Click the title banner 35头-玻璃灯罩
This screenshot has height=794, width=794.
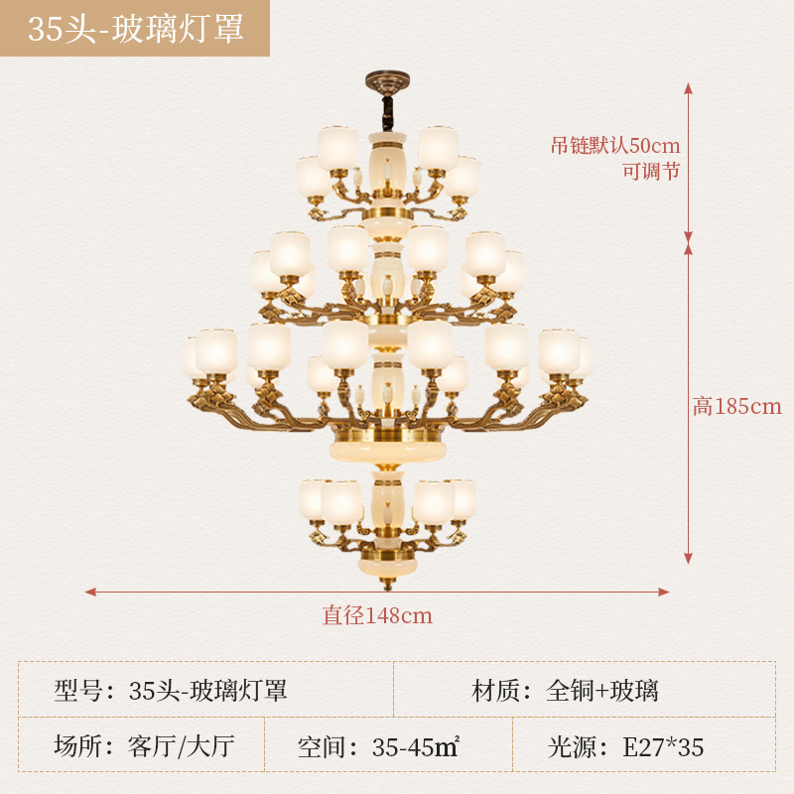pyautogui.click(x=135, y=28)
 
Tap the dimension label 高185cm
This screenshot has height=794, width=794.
pyautogui.click(x=736, y=406)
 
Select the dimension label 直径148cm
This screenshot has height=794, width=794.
pyautogui.click(x=377, y=615)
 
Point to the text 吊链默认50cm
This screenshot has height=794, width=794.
pyautogui.click(x=615, y=145)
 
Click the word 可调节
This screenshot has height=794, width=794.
pyautogui.click(x=651, y=171)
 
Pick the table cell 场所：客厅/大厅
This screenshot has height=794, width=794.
pyautogui.click(x=145, y=745)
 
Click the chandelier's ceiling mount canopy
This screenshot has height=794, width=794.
pyautogui.click(x=386, y=76)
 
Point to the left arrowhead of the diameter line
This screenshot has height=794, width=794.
pyautogui.click(x=89, y=592)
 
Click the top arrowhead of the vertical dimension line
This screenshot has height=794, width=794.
pyautogui.click(x=688, y=87)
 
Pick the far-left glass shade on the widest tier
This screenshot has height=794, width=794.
pyautogui.click(x=191, y=356)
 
